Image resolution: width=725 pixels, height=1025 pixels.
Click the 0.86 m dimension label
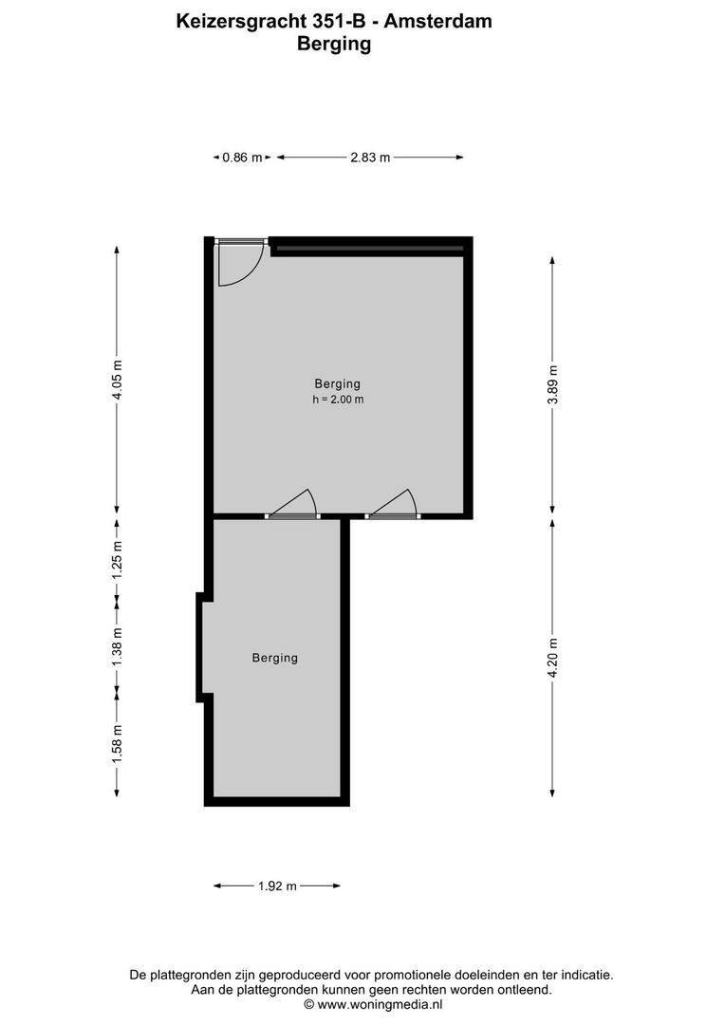click(241, 158)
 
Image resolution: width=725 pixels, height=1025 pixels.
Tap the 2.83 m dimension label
click(370, 158)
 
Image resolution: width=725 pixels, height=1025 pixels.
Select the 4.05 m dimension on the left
click(118, 380)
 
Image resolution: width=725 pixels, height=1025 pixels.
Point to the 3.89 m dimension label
click(553, 384)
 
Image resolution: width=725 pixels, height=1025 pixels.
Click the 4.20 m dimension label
click(553, 657)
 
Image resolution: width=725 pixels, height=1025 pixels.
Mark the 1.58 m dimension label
click(118, 743)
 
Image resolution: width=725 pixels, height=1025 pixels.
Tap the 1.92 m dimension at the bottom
click(277, 886)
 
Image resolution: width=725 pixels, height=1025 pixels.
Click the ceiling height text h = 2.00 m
click(338, 400)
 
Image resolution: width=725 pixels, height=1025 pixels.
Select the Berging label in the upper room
click(338, 384)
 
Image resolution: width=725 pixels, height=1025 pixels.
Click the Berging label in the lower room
click(275, 658)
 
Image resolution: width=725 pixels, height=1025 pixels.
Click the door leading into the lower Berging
click(293, 506)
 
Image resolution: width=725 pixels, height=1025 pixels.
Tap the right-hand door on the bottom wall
click(395, 506)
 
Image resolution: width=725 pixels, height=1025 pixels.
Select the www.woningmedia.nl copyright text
click(373, 1003)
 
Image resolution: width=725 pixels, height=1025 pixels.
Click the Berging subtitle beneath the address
click(334, 43)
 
